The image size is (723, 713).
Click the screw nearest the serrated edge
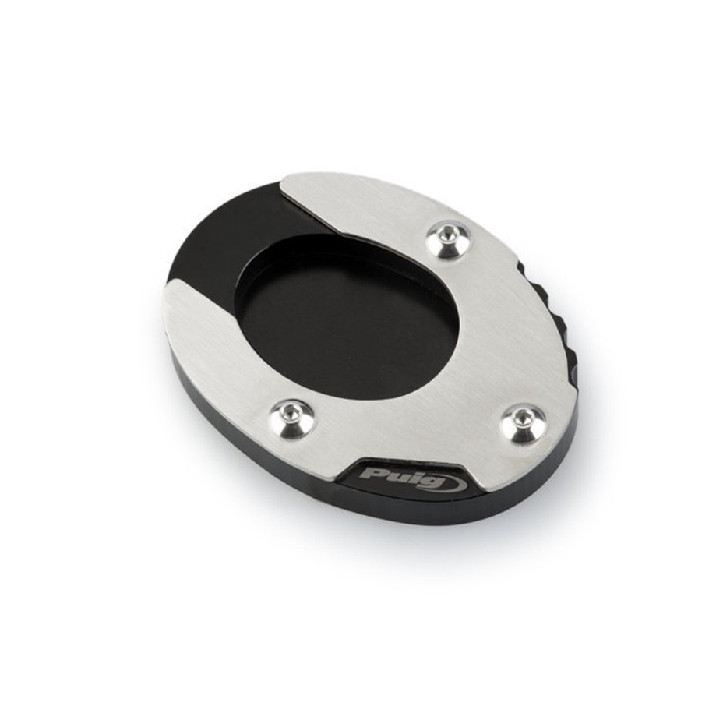click(x=448, y=240)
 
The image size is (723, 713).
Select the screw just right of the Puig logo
click(x=523, y=425)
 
